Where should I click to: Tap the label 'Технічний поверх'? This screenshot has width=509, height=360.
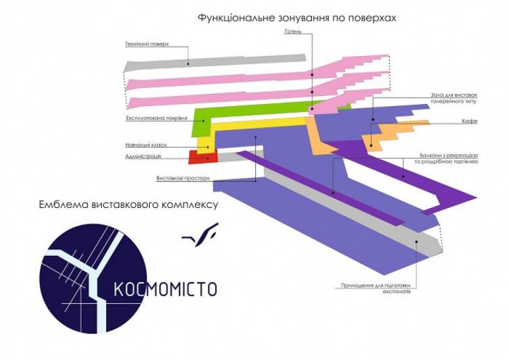(x=146, y=44)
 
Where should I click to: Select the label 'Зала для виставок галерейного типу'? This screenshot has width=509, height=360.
(x=454, y=99)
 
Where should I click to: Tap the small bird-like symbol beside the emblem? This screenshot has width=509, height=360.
(x=200, y=233)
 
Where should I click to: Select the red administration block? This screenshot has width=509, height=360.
(x=201, y=157)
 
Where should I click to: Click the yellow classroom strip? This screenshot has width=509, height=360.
(x=257, y=126)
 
